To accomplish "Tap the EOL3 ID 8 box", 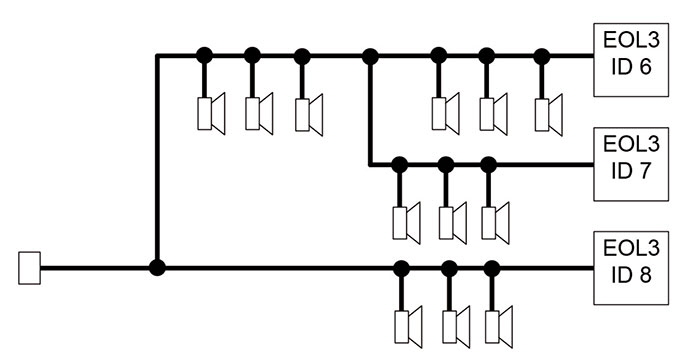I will (x=634, y=269).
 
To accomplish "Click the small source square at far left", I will (x=29, y=268).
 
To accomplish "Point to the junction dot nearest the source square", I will (x=157, y=268).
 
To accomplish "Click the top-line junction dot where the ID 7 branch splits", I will (x=371, y=55).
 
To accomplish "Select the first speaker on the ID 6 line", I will (x=212, y=112).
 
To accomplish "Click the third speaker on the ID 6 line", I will (x=309, y=112).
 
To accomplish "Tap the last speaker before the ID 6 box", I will (x=546, y=112).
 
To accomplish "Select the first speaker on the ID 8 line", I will (x=408, y=325).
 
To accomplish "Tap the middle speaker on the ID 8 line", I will (x=455, y=325).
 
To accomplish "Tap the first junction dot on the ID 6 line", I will (x=204, y=55).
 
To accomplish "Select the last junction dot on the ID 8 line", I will (x=491, y=268).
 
